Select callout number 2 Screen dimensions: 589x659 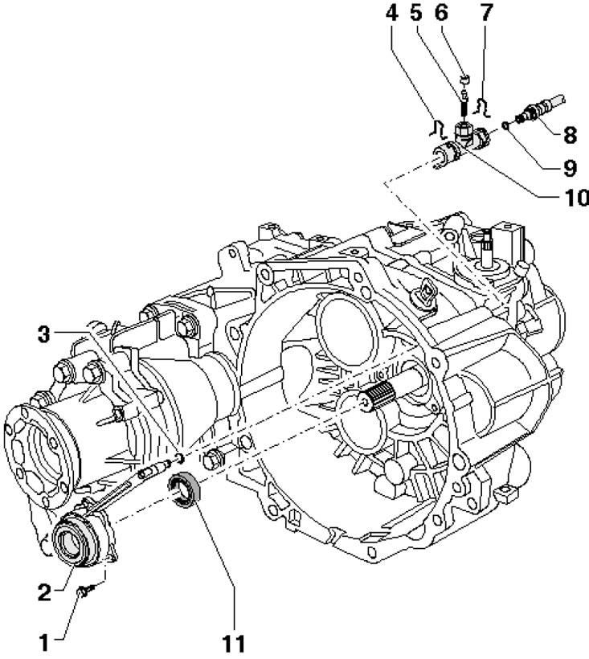[44, 592]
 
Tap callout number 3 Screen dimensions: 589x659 [43, 335]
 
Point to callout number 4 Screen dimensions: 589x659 [391, 14]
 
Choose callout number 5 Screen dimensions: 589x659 [415, 13]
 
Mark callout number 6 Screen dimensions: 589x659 [440, 13]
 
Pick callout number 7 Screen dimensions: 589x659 [485, 13]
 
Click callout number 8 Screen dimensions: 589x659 [570, 135]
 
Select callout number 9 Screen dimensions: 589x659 [570, 168]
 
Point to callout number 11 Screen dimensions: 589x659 [232, 643]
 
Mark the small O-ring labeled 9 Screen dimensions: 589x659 [505, 125]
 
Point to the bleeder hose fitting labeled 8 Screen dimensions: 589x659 [539, 109]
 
